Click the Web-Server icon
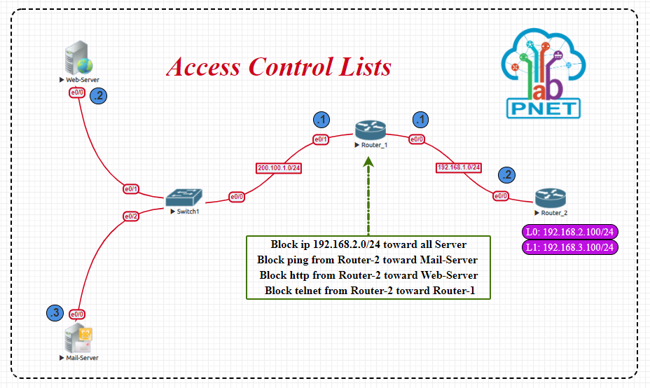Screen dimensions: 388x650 pyautogui.click(x=78, y=58)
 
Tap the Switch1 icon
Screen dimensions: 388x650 pyautogui.click(x=184, y=196)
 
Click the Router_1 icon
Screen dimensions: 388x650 pyautogui.click(x=370, y=130)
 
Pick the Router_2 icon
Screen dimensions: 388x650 pyautogui.click(x=550, y=197)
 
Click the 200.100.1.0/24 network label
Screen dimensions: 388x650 pyautogui.click(x=279, y=168)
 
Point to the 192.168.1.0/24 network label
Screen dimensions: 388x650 pyautogui.click(x=459, y=167)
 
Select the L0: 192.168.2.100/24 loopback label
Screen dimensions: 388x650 pyautogui.click(x=570, y=233)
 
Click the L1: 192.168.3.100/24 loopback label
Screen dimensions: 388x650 pyautogui.click(x=570, y=247)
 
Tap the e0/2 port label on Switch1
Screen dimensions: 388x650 pyautogui.click(x=131, y=216)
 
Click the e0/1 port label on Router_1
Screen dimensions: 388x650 pyautogui.click(x=321, y=139)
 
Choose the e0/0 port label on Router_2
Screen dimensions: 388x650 pyautogui.click(x=502, y=196)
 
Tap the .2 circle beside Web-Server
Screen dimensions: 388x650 pyautogui.click(x=99, y=96)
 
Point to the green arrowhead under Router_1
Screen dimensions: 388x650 pyautogui.click(x=368, y=162)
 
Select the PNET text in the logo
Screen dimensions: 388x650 pyautogui.click(x=544, y=109)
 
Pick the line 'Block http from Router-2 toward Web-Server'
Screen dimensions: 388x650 pyautogui.click(x=368, y=275)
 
